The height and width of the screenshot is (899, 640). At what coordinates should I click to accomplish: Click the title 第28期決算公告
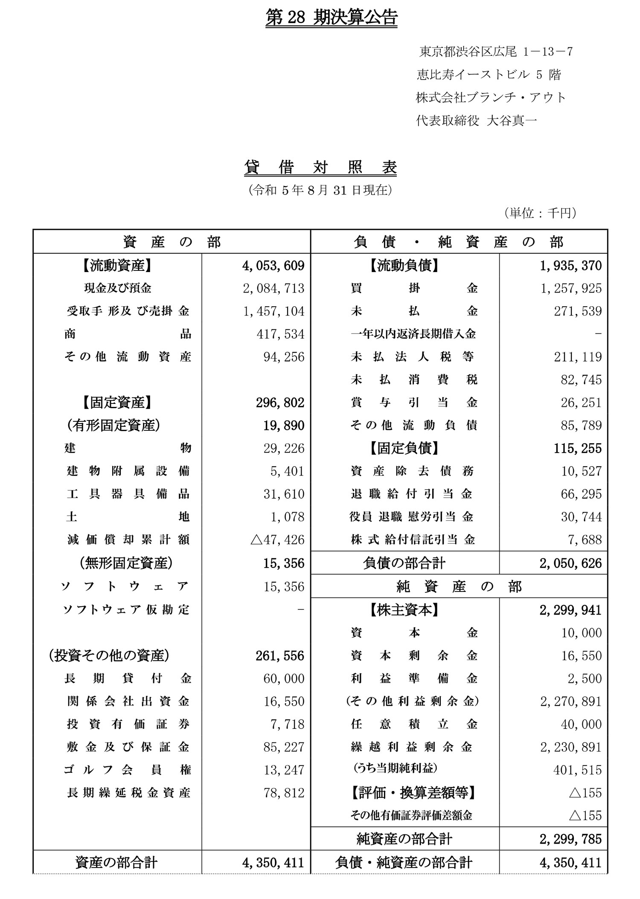pyautogui.click(x=331, y=19)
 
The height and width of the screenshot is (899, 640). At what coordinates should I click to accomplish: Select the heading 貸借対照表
pyautogui.click(x=320, y=168)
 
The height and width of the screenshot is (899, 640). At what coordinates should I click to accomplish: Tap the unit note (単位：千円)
pyautogui.click(x=540, y=213)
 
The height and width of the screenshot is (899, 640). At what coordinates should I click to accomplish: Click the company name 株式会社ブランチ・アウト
pyautogui.click(x=491, y=98)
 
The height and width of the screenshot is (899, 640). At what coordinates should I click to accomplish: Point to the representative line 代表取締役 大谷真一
pyautogui.click(x=476, y=121)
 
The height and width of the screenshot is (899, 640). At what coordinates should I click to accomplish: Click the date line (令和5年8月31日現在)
pyautogui.click(x=320, y=190)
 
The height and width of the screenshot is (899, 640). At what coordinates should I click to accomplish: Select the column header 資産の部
pyautogui.click(x=172, y=242)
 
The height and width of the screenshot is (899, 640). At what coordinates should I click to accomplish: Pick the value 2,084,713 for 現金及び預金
pyautogui.click(x=273, y=288)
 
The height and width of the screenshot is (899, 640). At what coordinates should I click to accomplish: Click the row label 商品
pyautogui.click(x=128, y=334)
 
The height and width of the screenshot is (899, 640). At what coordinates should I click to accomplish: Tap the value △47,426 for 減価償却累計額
pyautogui.click(x=277, y=540)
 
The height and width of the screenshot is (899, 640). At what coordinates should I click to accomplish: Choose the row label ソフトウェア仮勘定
pyautogui.click(x=126, y=609)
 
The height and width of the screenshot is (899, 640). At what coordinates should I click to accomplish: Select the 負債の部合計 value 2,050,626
pyautogui.click(x=570, y=563)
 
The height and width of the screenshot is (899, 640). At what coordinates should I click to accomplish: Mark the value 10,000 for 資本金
pyautogui.click(x=581, y=633)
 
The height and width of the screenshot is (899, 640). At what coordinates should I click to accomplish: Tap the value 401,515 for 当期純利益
pyautogui.click(x=578, y=770)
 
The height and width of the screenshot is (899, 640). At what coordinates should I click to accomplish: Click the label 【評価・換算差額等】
pyautogui.click(x=413, y=793)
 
